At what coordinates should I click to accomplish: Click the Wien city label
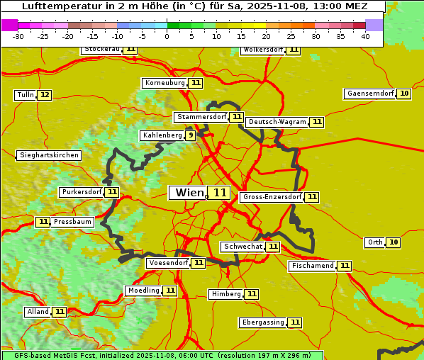point(189,193)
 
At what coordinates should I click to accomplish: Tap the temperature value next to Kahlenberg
point(190,135)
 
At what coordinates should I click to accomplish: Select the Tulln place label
point(25,95)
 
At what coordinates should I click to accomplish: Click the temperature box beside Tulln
point(44,95)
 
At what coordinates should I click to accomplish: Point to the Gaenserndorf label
point(369,94)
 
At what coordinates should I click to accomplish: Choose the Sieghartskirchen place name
point(49,155)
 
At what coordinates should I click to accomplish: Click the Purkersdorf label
point(82,192)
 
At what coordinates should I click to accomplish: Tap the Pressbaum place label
point(73,222)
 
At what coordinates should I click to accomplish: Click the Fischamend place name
point(312,266)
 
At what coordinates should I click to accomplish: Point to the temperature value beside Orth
point(394,242)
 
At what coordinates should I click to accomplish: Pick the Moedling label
point(144,291)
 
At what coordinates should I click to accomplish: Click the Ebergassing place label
point(262,322)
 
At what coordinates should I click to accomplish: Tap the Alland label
point(38,312)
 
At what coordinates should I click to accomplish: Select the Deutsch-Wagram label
point(277,122)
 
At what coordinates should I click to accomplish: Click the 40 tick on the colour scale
point(365,36)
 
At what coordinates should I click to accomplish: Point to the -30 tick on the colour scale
point(18,36)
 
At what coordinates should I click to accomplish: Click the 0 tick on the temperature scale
point(167,36)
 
